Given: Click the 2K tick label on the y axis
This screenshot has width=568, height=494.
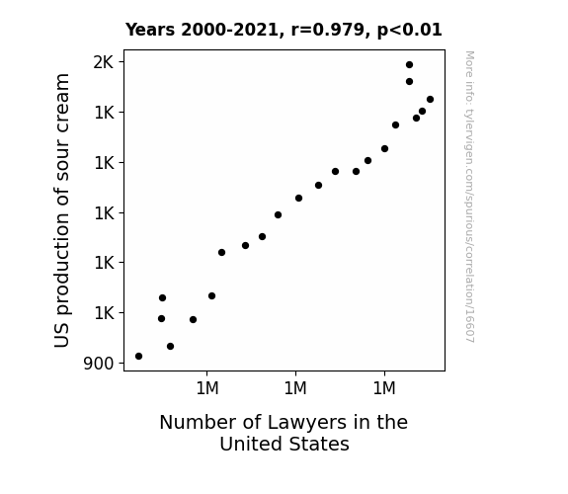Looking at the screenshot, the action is (104, 62).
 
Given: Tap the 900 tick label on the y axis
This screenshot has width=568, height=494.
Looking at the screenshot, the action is (99, 364).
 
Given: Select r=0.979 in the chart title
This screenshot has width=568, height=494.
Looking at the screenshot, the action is (328, 30).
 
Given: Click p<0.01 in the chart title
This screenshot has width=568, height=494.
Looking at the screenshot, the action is (409, 31).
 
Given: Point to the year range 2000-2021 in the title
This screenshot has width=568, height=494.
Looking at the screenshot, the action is (229, 30).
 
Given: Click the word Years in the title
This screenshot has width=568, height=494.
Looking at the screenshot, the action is (150, 30).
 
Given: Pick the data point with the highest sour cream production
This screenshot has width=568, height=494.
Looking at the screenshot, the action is (409, 65).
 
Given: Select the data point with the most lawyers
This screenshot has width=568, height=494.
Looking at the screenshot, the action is (430, 100).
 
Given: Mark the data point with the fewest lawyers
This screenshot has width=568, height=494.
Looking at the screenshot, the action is (138, 357).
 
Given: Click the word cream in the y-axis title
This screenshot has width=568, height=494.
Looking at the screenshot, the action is (62, 96).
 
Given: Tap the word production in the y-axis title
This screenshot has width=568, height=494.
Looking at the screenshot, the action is (62, 265).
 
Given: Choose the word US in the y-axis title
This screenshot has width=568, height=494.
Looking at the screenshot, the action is (61, 336).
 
